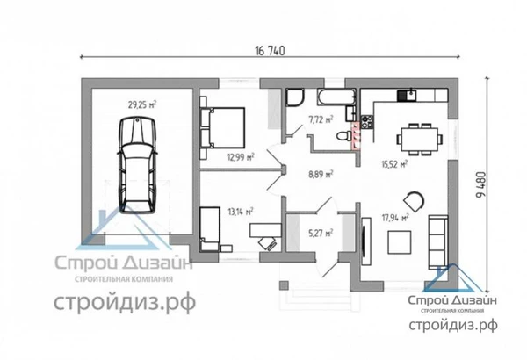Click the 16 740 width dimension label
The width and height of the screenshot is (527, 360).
point(270,51)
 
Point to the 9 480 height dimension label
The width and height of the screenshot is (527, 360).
point(480,185)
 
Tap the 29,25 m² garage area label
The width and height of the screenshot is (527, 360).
point(141,104)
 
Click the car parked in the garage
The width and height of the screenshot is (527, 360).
point(138,165)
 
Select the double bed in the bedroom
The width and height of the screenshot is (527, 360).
point(222,127)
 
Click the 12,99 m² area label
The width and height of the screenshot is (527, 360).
point(241,156)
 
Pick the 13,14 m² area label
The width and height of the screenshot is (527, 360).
point(241,212)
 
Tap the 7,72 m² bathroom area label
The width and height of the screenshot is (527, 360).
point(321,119)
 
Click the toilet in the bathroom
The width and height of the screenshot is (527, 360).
point(343,136)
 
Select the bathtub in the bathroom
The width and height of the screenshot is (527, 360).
point(336,97)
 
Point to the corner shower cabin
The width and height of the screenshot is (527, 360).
point(295,97)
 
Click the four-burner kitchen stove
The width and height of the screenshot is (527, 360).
point(367,122)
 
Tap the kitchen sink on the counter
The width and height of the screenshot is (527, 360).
point(407,95)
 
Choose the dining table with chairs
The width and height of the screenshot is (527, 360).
point(420,139)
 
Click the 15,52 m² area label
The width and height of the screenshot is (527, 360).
point(394,164)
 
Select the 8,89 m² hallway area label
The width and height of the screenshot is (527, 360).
point(321,174)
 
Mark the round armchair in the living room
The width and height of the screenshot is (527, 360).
point(414,201)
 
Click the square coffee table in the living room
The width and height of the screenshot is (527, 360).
point(400,242)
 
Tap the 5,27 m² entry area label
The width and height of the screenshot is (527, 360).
point(321,233)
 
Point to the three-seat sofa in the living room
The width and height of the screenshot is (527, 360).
point(438,242)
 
